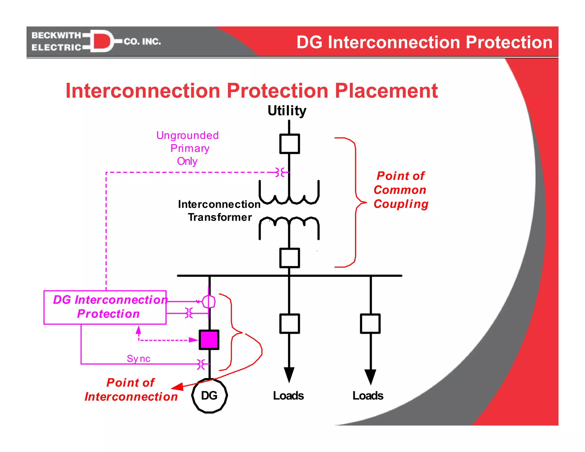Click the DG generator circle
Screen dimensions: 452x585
coord(209,395)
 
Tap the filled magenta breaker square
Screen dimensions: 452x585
coord(209,340)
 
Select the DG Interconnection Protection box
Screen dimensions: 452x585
coord(105,307)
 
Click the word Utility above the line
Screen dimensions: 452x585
coord(287,111)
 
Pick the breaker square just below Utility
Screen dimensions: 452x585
coord(289,144)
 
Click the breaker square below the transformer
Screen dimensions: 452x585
coord(289,258)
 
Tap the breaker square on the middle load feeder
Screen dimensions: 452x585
coord(289,323)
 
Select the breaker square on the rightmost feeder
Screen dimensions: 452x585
coord(370,323)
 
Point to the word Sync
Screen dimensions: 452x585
coord(139,359)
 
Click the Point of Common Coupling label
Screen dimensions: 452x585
coord(400,190)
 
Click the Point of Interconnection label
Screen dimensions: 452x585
coord(131,390)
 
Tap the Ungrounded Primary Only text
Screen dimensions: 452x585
coord(188,148)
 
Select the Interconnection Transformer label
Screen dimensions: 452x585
coord(219,211)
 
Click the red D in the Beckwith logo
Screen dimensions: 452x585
coord(101,41)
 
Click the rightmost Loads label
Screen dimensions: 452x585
coord(368,396)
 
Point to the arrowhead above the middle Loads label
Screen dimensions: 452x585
coord(289,374)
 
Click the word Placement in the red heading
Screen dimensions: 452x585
coord(386,91)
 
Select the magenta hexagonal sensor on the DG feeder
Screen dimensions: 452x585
coord(209,301)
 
